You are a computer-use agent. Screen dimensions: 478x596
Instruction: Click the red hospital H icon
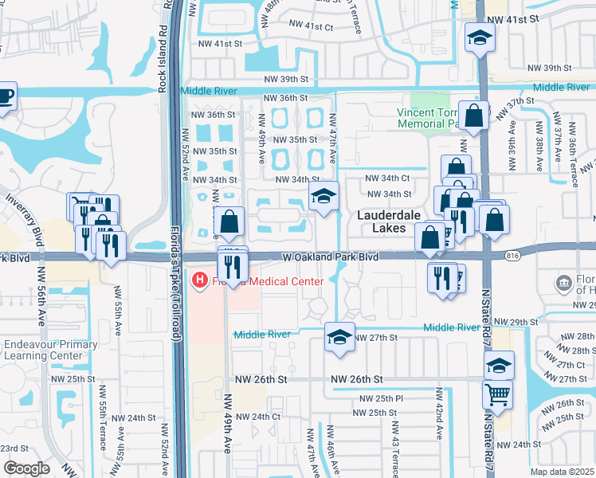click(x=199, y=280)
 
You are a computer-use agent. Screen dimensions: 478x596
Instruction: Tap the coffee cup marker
click(x=5, y=96)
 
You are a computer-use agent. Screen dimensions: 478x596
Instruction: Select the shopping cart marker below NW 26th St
click(x=498, y=394)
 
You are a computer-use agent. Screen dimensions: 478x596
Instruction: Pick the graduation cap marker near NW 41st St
click(x=480, y=37)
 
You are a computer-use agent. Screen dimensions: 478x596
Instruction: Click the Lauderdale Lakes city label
click(x=386, y=221)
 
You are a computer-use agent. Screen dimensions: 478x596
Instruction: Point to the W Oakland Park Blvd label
click(x=330, y=257)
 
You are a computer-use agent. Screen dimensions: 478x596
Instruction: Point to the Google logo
click(x=26, y=468)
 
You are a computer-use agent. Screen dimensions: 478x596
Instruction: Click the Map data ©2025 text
click(x=561, y=472)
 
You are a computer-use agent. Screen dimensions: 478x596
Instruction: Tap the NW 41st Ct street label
click(x=310, y=27)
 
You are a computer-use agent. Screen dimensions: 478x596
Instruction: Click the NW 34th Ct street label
click(x=387, y=178)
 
